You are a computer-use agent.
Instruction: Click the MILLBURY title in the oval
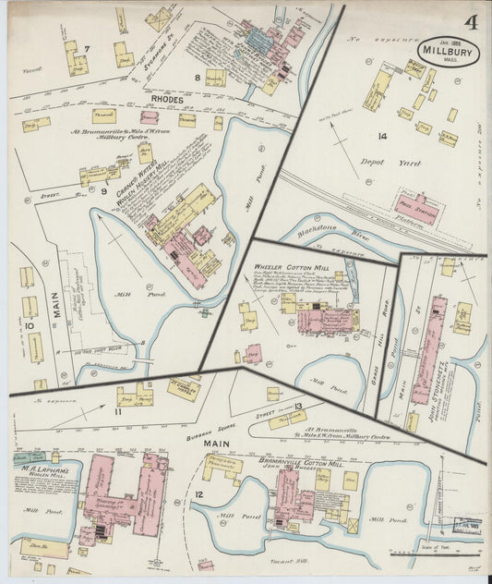(x=448, y=51)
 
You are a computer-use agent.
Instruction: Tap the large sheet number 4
(x=472, y=21)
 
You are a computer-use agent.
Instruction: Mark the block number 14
(x=381, y=136)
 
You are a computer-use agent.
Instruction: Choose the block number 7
(x=87, y=48)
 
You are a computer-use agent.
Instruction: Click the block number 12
(x=199, y=498)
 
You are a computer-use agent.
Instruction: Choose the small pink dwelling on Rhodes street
(x=149, y=117)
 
